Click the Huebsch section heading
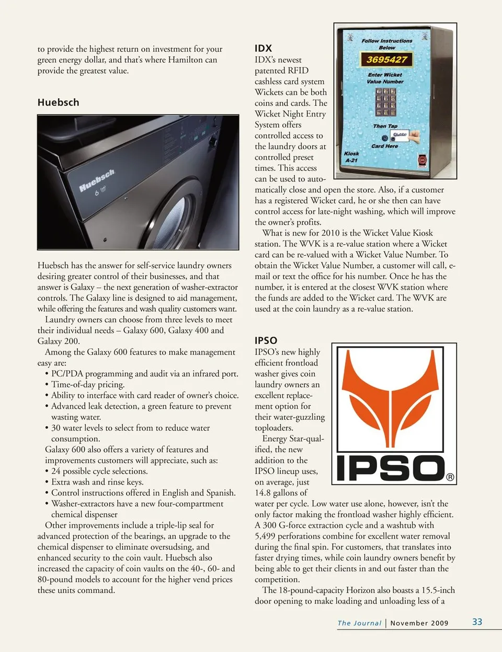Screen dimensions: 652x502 click(x=58, y=102)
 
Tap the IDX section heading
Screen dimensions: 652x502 click(x=263, y=48)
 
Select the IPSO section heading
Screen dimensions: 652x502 click(x=266, y=340)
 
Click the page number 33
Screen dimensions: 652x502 click(x=477, y=622)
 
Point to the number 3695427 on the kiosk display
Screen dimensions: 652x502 click(x=386, y=60)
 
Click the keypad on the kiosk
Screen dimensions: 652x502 click(x=386, y=102)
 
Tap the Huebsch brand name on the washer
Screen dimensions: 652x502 click(x=97, y=180)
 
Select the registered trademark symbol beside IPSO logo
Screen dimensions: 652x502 click(x=450, y=477)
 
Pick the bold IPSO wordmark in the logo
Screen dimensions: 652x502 click(x=390, y=468)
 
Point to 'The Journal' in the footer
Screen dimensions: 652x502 click(x=359, y=623)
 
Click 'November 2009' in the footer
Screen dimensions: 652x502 click(x=419, y=623)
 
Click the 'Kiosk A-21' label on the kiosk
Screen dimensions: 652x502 click(x=351, y=157)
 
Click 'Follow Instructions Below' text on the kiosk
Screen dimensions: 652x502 click(x=387, y=44)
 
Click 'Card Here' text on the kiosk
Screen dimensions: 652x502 click(x=384, y=146)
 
